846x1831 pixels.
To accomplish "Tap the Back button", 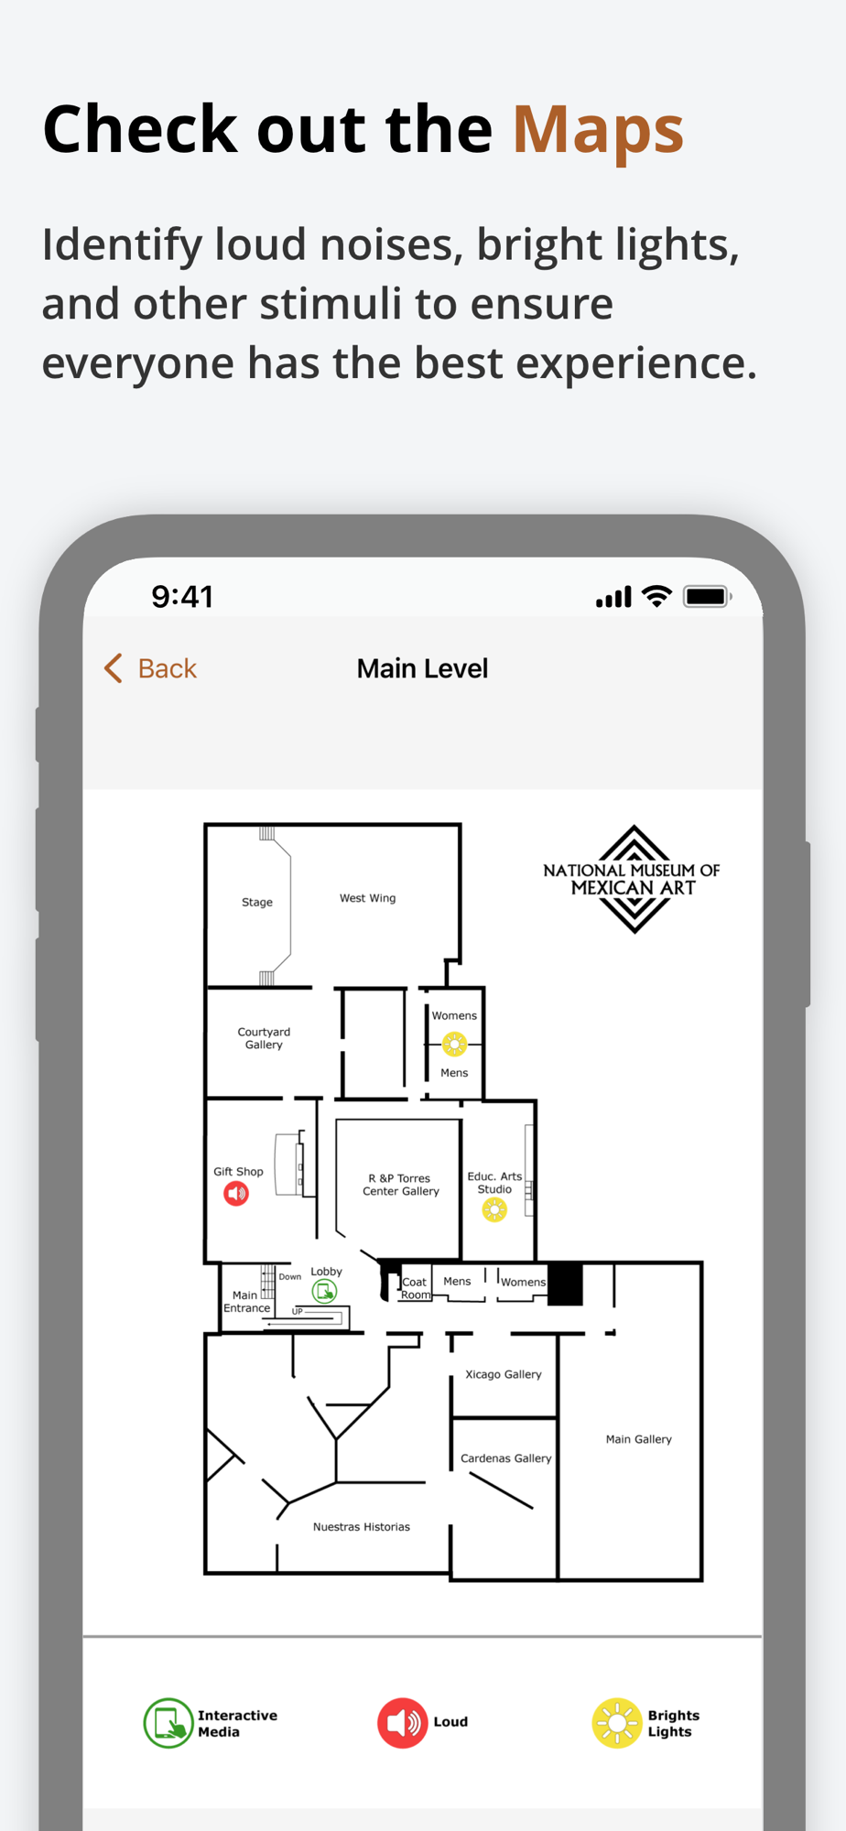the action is tap(151, 668).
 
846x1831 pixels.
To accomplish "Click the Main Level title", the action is tap(422, 668).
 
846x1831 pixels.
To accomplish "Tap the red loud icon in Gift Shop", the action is tap(236, 1194).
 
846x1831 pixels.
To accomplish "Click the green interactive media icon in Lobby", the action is tap(324, 1291).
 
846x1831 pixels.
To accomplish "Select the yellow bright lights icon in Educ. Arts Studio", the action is tap(494, 1210).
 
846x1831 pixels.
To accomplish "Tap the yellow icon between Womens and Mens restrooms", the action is tap(454, 1044).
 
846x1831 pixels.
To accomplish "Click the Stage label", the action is tap(257, 902).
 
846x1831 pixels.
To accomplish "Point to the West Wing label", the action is tap(368, 898).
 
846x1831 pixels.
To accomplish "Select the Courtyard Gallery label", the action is tap(264, 1038).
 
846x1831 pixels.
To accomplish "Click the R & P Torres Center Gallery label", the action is tap(401, 1185).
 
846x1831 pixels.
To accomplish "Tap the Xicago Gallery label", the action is tap(504, 1374).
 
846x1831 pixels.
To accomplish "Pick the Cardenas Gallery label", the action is tap(506, 1458).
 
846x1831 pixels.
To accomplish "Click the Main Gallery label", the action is tap(639, 1439).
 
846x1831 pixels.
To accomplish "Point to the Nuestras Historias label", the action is tap(362, 1527).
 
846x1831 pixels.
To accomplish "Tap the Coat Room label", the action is tap(415, 1288).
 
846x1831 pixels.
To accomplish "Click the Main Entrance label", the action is tap(247, 1302).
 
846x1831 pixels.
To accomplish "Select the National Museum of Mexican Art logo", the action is tap(632, 879).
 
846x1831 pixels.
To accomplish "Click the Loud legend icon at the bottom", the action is tap(403, 1723).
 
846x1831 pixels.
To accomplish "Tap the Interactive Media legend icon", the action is tap(168, 1723).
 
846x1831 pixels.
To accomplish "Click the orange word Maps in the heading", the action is tap(598, 130).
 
